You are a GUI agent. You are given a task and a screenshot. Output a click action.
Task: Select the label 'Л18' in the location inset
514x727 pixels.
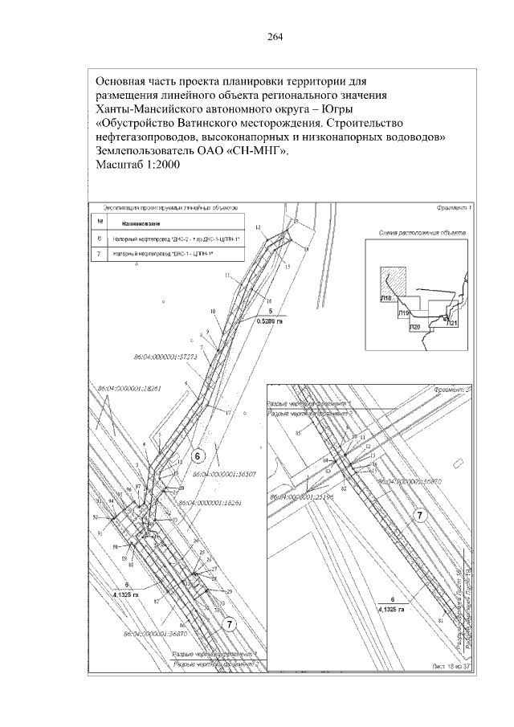[x=386, y=298]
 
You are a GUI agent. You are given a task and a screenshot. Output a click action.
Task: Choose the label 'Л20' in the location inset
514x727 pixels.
[x=414, y=328]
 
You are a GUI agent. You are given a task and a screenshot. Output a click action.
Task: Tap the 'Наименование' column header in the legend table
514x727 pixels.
[x=141, y=223]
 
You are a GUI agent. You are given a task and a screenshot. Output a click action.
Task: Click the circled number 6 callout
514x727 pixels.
[x=197, y=455]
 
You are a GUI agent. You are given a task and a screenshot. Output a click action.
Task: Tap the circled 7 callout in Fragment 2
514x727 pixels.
[x=418, y=514]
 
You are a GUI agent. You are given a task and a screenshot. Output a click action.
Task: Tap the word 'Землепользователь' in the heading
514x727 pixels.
[x=147, y=150]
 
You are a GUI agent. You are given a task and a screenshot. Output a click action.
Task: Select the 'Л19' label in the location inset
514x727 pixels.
[x=404, y=312]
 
